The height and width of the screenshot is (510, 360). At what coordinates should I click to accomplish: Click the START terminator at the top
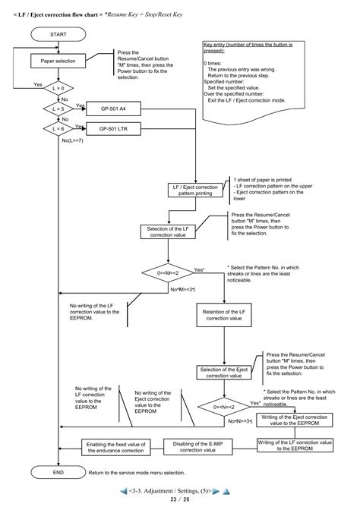click(x=58, y=35)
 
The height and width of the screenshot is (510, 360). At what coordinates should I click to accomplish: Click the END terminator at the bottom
click(x=58, y=472)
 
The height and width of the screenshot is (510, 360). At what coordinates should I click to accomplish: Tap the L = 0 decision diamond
click(x=58, y=90)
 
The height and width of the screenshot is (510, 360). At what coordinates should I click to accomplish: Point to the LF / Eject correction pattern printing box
click(x=195, y=190)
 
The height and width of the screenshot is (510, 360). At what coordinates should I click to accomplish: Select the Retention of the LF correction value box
click(x=223, y=315)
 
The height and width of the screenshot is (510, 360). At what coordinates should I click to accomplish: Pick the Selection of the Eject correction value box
click(x=223, y=372)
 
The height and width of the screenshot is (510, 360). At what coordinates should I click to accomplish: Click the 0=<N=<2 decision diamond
click(x=223, y=407)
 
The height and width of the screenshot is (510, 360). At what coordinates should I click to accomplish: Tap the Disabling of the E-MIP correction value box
click(x=198, y=447)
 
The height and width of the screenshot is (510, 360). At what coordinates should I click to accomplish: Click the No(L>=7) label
click(x=75, y=140)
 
